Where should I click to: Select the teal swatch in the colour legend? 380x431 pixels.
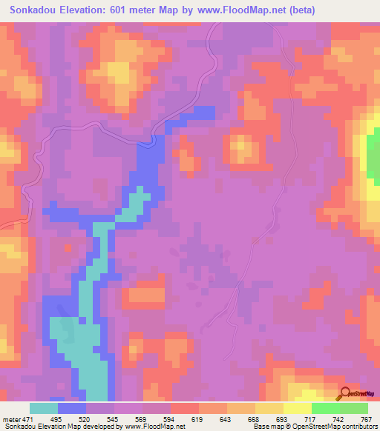(x=44, y=408)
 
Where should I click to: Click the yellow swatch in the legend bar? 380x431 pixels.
(x=297, y=408)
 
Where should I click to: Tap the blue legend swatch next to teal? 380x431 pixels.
(x=72, y=408)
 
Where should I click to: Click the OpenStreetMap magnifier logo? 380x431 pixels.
(x=344, y=393)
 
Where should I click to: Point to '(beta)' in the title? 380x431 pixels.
(x=299, y=10)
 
